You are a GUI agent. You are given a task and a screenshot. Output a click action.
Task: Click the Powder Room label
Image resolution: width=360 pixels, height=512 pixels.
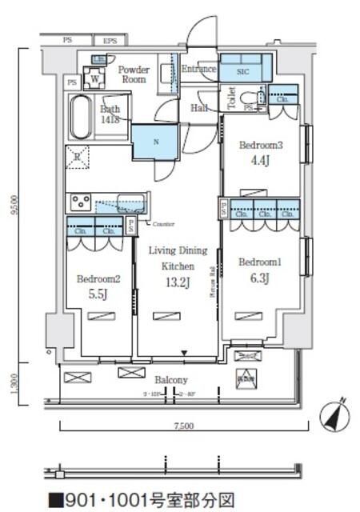click(x=134, y=75)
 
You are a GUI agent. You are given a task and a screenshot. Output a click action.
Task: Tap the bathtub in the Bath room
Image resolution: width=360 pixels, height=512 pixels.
click(x=80, y=118)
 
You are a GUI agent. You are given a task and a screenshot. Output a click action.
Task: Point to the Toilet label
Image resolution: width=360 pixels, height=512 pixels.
click(x=231, y=97)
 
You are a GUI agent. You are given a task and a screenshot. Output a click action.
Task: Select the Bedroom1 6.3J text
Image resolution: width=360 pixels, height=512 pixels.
click(x=258, y=270)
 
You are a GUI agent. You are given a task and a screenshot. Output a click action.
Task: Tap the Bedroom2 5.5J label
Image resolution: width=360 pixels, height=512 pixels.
click(x=98, y=286)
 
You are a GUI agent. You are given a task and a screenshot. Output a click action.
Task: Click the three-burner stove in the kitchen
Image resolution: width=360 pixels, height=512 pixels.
click(x=81, y=201)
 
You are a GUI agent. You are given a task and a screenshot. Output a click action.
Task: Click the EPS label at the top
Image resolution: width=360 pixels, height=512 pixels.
click(x=110, y=41)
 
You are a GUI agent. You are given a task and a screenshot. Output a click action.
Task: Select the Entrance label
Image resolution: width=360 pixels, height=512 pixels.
click(x=198, y=70)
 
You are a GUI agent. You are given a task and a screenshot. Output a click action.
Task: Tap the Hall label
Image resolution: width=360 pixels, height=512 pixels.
click(x=199, y=108)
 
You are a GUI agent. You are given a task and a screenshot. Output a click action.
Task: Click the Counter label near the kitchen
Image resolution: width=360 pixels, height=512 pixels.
click(x=163, y=224)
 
